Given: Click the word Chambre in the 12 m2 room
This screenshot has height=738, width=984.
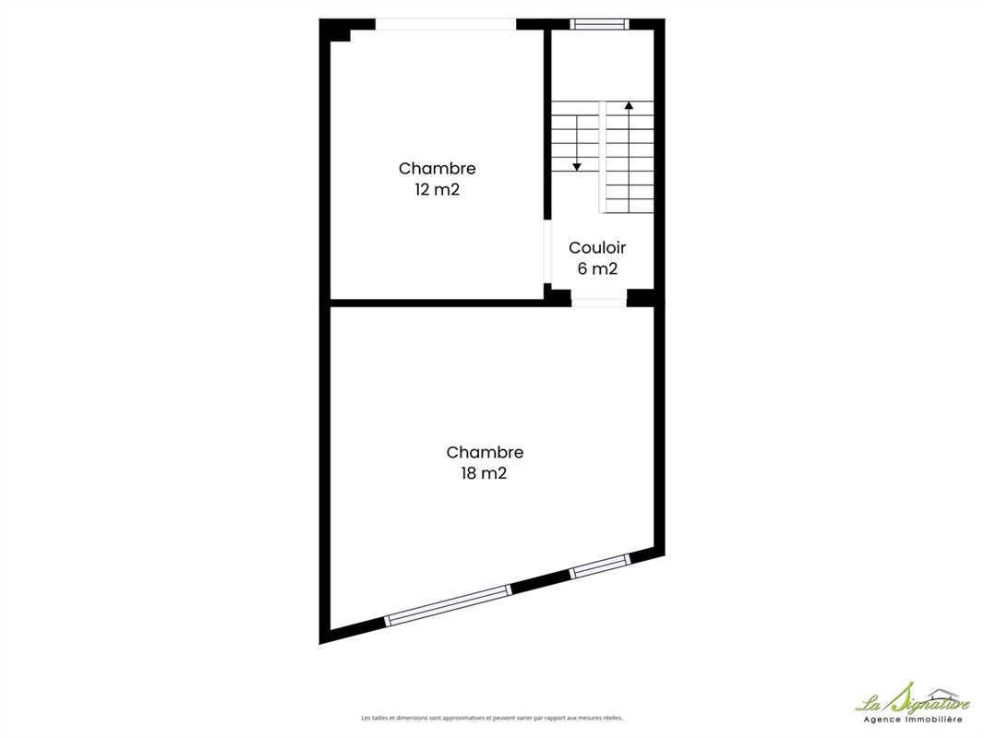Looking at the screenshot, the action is (x=437, y=168).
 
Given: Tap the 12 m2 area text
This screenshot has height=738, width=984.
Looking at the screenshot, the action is (x=437, y=189).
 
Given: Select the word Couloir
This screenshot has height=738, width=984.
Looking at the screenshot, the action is (x=597, y=247).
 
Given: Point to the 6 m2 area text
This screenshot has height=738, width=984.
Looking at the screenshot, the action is (x=597, y=268).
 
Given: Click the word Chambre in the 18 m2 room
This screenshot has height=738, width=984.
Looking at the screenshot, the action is (x=485, y=452).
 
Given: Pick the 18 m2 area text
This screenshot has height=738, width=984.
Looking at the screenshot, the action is (x=484, y=473).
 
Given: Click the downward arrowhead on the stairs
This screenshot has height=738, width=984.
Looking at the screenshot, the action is (x=577, y=167).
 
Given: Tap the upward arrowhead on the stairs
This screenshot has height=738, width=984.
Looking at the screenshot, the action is (x=629, y=105).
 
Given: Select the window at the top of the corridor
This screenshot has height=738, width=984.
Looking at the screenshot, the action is (x=599, y=25).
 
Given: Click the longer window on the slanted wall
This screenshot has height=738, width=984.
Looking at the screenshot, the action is (x=448, y=606).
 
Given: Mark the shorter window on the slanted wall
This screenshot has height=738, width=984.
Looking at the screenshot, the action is (x=599, y=566).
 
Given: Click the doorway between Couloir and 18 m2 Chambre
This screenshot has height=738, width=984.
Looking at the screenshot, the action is (x=599, y=303).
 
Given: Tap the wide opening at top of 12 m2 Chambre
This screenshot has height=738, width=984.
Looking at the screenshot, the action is (x=446, y=25).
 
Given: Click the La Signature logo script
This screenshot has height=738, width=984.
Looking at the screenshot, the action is (x=912, y=698).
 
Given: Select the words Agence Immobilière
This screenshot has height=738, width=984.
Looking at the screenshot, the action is (x=913, y=720).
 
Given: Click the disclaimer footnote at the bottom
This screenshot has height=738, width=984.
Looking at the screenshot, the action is (x=492, y=718).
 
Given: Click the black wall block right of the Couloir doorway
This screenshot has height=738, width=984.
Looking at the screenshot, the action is (x=641, y=298).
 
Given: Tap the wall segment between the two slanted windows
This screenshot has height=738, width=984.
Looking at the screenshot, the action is (x=540, y=581).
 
